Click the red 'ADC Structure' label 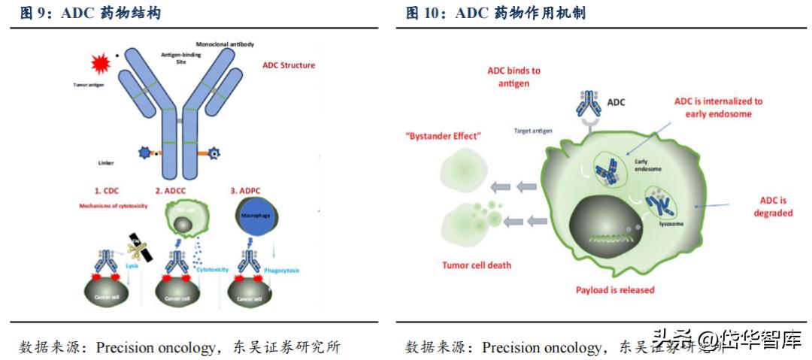pos(288,65)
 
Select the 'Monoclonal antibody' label pos(224,44)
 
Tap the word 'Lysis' pos(132,265)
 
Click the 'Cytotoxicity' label pos(211,269)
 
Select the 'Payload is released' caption pos(615,289)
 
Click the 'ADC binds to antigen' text pos(514,77)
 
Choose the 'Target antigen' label pos(533,131)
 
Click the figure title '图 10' pos(426,13)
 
